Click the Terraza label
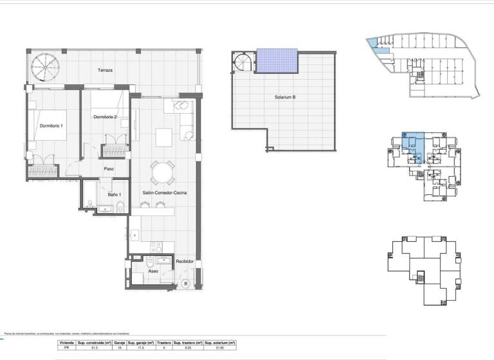105,69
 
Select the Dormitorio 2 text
105,117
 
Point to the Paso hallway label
109,169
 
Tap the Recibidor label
185,261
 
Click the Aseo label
153,271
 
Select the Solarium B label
284,98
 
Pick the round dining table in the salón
161,172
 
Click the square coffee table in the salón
164,136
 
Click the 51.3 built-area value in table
94,349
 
